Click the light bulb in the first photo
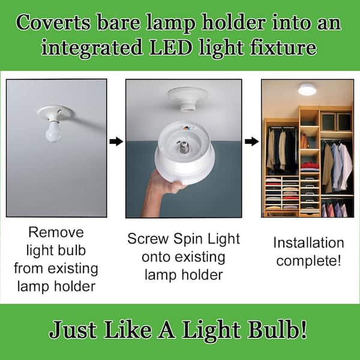click(x=54, y=131)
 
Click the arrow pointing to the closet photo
click(x=253, y=142)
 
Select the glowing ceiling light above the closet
click(x=307, y=89)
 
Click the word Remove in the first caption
click(x=56, y=232)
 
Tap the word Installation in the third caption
click(x=308, y=243)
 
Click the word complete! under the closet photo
click(x=308, y=261)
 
